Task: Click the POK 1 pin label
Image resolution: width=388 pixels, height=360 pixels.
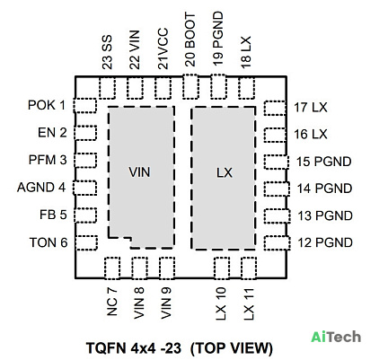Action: coord(47,105)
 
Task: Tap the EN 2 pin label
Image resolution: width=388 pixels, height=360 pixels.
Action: coord(52,132)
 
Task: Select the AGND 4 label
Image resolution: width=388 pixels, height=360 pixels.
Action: coord(41,188)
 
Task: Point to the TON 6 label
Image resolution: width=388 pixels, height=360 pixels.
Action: coord(48,242)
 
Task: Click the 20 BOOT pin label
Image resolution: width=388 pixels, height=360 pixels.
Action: coord(190,40)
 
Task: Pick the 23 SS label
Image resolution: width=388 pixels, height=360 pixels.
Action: coord(107,52)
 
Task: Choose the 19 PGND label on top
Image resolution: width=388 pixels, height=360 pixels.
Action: coord(218,39)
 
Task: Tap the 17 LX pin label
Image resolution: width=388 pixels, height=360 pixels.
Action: coord(311,108)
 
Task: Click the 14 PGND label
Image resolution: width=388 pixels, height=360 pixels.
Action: coord(324,189)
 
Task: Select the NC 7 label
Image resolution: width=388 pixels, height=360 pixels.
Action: coord(111,303)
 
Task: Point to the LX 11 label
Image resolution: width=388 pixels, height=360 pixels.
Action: coord(249,304)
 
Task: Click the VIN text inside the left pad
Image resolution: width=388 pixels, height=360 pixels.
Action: coord(139,172)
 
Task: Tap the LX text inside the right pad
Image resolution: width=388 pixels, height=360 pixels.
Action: coord(225,172)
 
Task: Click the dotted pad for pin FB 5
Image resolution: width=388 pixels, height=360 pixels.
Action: coord(85,215)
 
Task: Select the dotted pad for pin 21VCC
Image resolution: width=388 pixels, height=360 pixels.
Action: coord(163,88)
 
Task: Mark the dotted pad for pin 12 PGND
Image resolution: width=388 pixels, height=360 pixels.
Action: coord(278,243)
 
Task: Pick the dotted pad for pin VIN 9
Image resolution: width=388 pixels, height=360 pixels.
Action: coord(167,268)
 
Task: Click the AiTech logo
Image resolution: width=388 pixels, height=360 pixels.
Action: coord(336,337)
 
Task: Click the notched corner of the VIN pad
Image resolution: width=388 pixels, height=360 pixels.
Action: coord(131,238)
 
